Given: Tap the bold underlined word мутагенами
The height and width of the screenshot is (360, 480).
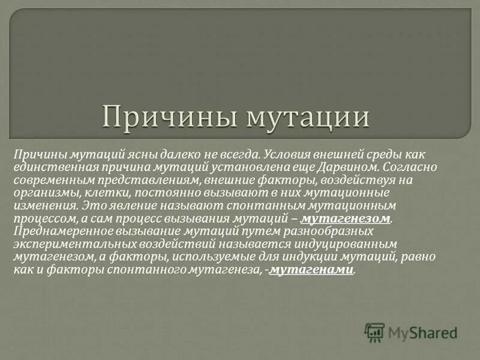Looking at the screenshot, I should click(x=311, y=269).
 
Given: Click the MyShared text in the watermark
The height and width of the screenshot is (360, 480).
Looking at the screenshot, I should click(x=422, y=332).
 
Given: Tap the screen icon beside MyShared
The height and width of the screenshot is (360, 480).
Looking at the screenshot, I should click(x=374, y=332).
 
